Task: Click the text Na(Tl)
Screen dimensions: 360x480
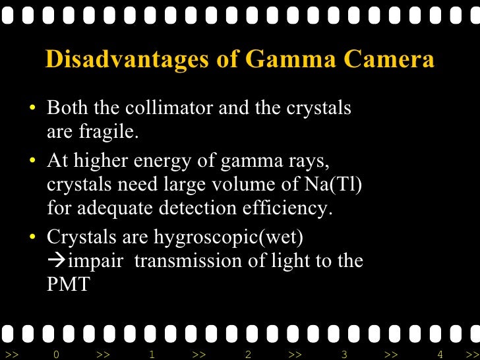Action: click(335, 185)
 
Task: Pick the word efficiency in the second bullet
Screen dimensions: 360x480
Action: click(291, 209)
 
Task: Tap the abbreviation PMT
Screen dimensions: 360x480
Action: click(68, 285)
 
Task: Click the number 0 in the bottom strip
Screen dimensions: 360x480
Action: click(56, 355)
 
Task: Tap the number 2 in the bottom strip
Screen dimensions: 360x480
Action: click(248, 355)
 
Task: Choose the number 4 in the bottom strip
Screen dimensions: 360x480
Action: click(440, 355)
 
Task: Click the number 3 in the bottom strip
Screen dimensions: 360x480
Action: click(344, 355)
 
